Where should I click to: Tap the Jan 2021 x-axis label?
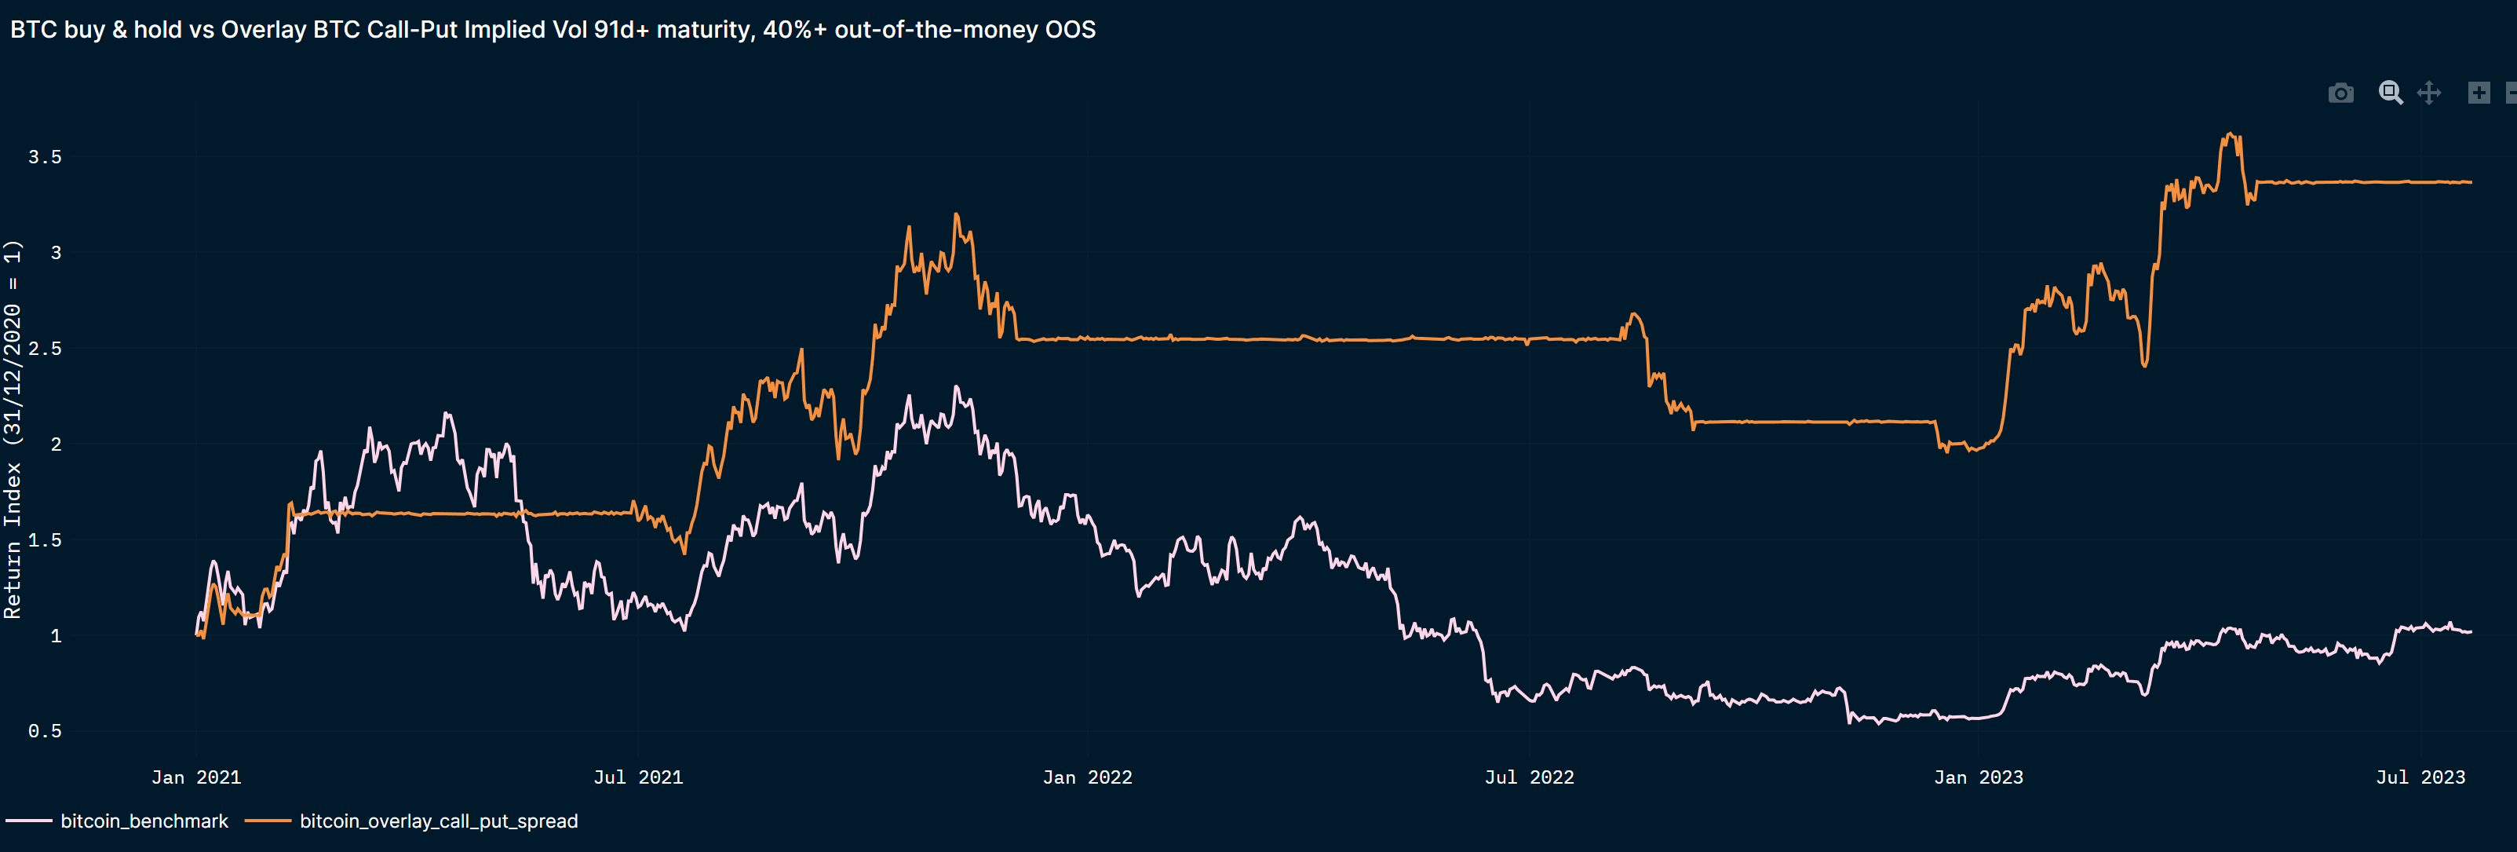pos(195,777)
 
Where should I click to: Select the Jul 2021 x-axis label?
pos(638,777)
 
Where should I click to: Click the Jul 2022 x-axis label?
pos(1529,777)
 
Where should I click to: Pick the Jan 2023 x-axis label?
pos(1978,777)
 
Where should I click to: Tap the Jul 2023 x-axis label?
pos(2420,777)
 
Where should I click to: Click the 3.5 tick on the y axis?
pos(44,157)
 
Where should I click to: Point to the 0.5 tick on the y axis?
pos(44,732)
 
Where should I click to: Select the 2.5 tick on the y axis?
pos(44,349)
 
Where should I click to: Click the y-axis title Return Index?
pos(13,430)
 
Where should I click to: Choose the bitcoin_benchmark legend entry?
pos(144,821)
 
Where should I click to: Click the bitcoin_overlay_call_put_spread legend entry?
pos(438,821)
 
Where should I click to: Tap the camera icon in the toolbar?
pos(2340,93)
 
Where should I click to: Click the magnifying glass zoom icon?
pos(2390,93)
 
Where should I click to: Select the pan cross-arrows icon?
pos(2429,93)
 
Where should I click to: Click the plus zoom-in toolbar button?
pos(2479,93)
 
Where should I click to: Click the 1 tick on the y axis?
pos(56,636)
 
